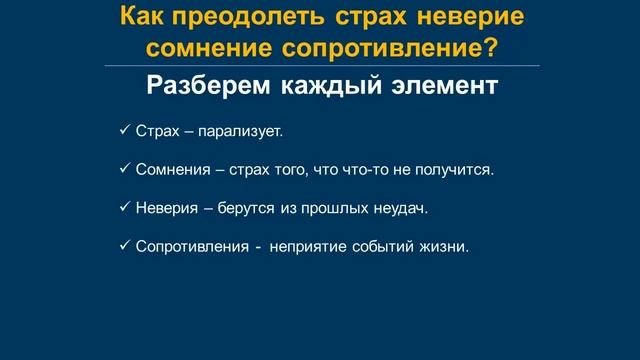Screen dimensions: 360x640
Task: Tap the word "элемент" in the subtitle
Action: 446,86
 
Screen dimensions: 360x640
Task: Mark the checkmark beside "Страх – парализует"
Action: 123,131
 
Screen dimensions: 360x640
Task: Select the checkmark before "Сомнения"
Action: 123,169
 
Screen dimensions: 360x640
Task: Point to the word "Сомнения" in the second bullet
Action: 167,170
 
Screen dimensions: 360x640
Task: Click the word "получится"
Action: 461,170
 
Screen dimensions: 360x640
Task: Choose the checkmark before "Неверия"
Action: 123,207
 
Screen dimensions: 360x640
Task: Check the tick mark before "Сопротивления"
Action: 123,245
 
